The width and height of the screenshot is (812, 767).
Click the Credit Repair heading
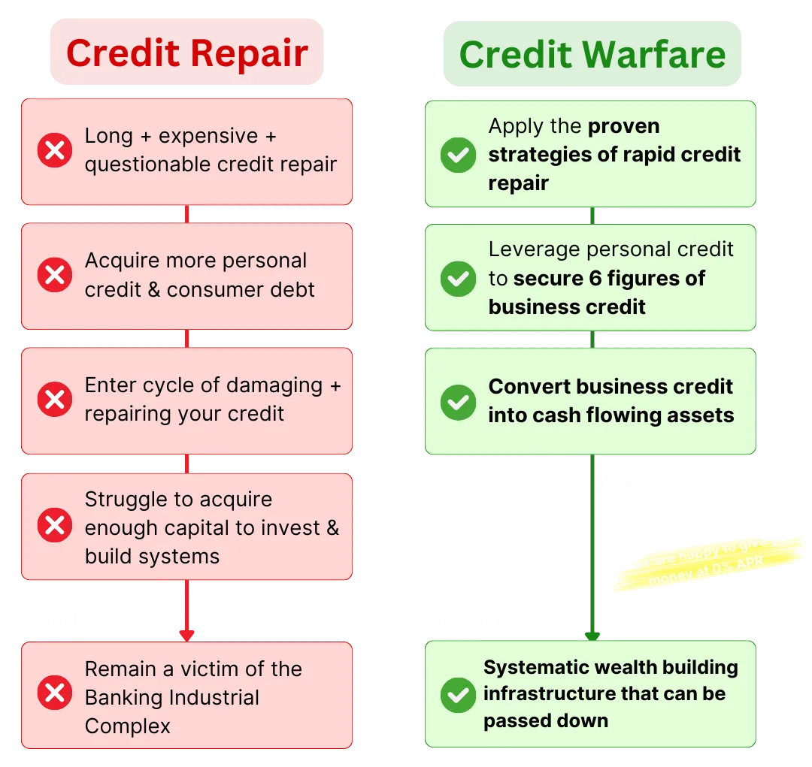(x=187, y=53)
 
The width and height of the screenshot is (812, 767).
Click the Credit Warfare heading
(x=592, y=54)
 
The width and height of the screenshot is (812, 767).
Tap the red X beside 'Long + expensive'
(x=55, y=150)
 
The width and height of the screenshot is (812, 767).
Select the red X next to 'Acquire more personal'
(x=55, y=275)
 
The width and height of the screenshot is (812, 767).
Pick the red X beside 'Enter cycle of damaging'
(x=55, y=399)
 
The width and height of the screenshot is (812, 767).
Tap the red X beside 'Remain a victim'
(x=55, y=693)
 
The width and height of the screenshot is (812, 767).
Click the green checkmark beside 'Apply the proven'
(x=457, y=155)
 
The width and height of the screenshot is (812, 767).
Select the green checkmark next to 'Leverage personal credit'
(x=457, y=278)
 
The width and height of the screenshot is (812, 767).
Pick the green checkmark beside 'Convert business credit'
(x=457, y=401)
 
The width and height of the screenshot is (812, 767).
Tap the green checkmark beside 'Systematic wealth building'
(x=457, y=695)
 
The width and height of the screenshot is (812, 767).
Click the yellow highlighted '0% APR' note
(x=707, y=563)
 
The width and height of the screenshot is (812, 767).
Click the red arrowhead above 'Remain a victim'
(x=186, y=636)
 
